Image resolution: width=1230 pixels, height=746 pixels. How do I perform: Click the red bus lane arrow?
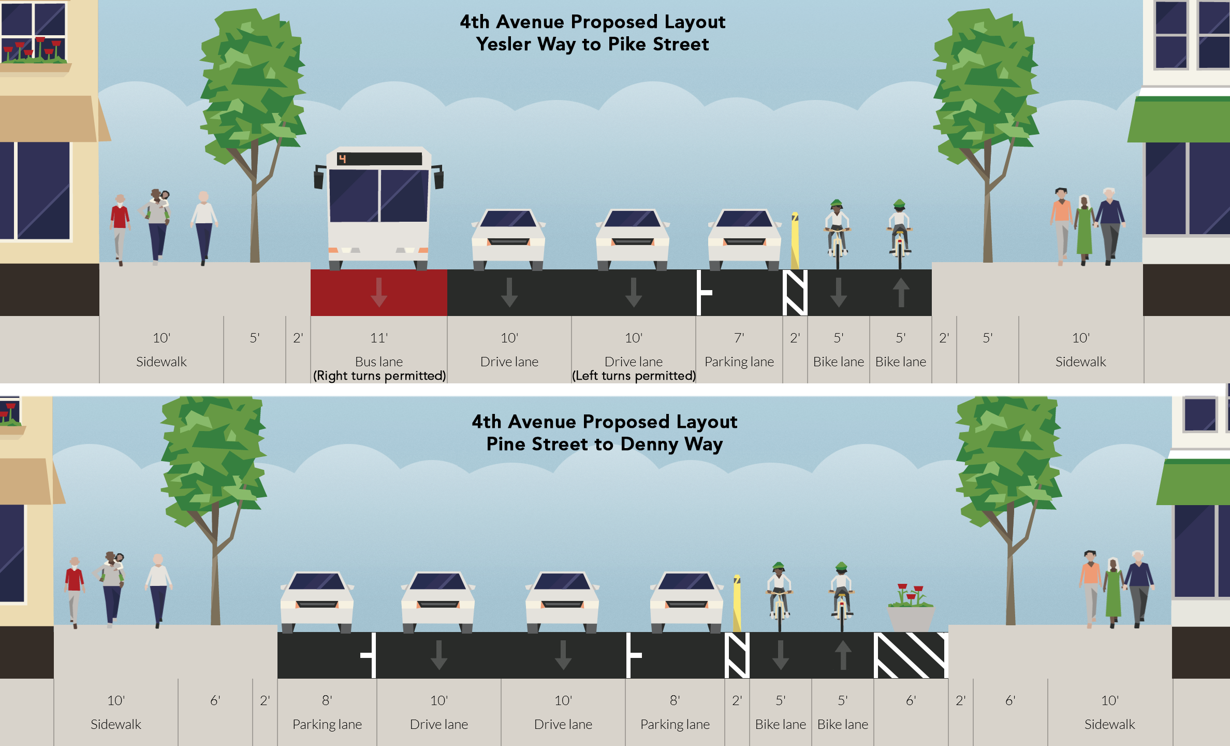pos(379,292)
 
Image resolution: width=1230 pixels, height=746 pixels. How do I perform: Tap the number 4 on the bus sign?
pos(342,159)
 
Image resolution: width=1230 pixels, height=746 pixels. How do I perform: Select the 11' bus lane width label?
pos(379,338)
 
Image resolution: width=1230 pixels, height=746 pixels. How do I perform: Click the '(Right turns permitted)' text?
pos(379,376)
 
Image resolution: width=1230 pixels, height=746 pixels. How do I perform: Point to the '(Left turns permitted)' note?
pos(634,376)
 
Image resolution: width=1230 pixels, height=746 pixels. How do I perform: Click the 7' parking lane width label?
pos(739,338)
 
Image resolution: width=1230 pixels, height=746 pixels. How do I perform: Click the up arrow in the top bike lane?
pos(901,292)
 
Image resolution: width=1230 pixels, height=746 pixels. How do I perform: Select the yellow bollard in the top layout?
pos(795,241)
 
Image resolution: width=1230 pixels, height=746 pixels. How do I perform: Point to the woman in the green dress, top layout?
pos(1084,228)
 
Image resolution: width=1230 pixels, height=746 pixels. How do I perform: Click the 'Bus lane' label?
pos(379,362)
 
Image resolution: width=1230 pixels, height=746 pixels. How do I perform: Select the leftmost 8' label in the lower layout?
pos(327,700)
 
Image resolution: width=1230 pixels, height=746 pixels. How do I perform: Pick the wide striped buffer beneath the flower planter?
pos(911,655)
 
